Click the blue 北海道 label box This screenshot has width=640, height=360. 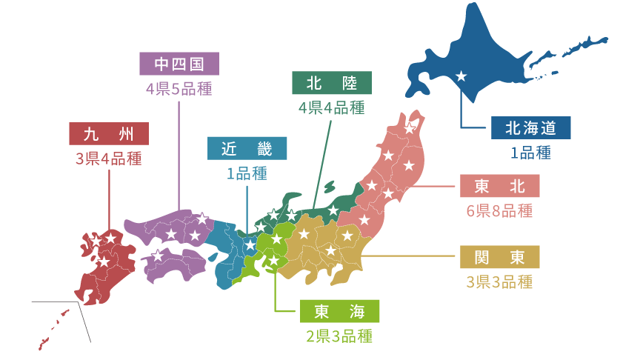click(531, 127)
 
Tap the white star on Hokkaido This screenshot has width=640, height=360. click(461, 76)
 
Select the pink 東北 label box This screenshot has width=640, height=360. click(500, 186)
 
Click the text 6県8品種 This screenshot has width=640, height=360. click(500, 210)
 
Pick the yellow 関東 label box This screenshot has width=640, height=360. click(500, 257)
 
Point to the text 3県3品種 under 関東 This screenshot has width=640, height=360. click(500, 281)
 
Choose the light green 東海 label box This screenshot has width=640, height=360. click(340, 311)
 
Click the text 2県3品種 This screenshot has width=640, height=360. click(340, 336)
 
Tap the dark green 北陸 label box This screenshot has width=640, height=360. click(332, 83)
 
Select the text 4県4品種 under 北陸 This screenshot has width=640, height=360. click(332, 107)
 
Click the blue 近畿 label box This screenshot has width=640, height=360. click(247, 149)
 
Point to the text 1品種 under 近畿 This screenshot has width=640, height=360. click(247, 173)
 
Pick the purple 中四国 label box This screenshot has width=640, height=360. click(179, 64)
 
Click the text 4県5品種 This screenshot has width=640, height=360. click(179, 89)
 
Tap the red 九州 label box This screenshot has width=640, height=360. click(109, 134)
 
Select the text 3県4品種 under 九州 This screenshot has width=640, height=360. click(109, 159)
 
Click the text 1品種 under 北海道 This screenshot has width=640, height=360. click(531, 153)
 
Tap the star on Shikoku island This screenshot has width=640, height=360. click(157, 256)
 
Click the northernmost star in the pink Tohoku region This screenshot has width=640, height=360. click(409, 129)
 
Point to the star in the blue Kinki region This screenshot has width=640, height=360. click(250, 244)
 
